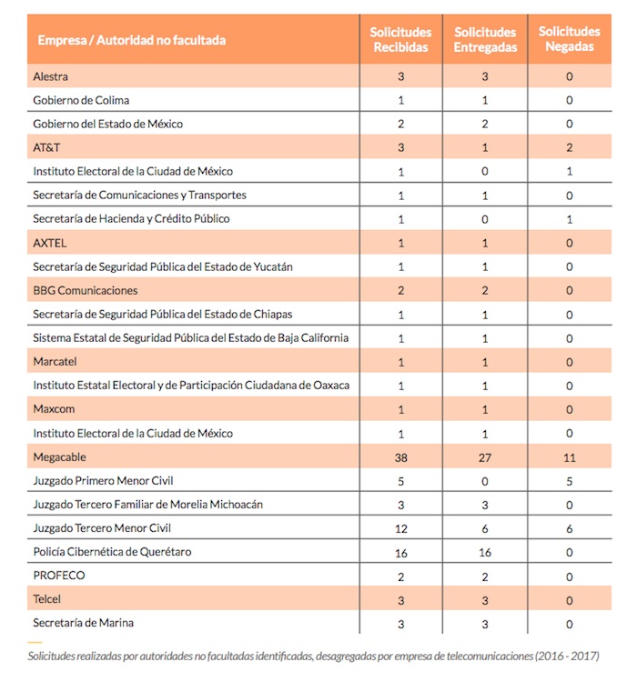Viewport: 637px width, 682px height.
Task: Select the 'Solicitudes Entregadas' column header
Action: tap(485, 40)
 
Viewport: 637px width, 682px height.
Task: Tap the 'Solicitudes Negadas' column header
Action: tap(570, 38)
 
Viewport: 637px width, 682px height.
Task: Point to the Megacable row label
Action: tap(59, 456)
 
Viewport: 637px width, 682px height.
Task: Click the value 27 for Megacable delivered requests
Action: tap(485, 456)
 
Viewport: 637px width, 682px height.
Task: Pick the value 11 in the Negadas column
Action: tap(570, 456)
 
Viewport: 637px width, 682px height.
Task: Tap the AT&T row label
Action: tap(46, 147)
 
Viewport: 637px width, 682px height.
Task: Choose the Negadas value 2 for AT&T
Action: tap(570, 147)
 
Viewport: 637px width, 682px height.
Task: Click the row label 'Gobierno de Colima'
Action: tap(81, 100)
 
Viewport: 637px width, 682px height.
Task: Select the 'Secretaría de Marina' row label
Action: tap(88, 623)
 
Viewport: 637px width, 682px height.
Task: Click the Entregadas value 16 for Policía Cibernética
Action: tap(485, 552)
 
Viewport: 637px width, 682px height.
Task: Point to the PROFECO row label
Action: tap(59, 576)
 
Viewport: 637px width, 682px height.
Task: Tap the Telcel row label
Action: tap(49, 599)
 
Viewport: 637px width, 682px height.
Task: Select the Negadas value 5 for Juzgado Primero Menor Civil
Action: tap(570, 480)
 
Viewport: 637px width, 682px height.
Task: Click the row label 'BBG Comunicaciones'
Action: tap(86, 290)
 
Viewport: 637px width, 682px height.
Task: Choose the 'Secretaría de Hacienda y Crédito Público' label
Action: tap(131, 219)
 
